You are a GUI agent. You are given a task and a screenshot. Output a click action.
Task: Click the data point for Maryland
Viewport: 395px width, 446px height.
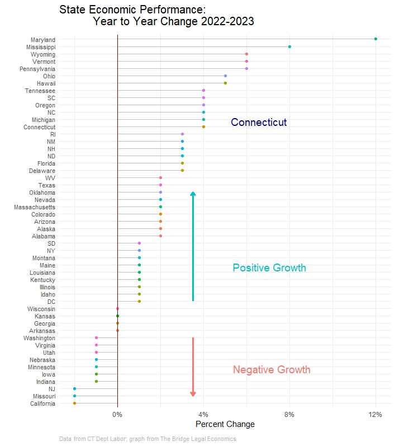375,39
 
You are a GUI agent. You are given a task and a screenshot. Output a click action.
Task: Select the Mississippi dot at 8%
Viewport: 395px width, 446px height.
289,46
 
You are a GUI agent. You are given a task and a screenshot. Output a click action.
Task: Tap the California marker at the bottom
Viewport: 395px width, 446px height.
74,403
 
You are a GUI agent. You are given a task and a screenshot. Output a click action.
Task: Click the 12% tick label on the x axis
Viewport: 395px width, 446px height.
375,414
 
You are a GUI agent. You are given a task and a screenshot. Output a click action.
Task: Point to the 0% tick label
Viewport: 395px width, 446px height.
117,414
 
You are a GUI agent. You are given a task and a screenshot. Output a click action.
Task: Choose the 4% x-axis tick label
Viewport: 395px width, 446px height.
203,414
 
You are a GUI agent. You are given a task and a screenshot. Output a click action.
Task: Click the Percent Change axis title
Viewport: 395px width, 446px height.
225,424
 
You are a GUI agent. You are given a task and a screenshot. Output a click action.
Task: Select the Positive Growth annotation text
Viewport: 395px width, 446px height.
269,268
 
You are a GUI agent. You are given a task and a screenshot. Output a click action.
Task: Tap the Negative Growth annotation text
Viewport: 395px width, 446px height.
272,370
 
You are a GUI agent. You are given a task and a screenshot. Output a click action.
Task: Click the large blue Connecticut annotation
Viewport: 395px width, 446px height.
259,123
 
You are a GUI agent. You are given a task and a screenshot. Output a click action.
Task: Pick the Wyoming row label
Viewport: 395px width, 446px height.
43,54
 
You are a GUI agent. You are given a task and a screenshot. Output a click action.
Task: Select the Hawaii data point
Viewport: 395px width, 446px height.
225,83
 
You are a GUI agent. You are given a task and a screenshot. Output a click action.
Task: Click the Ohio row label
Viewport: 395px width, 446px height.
49,76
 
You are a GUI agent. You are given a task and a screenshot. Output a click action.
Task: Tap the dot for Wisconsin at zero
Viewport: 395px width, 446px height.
117,308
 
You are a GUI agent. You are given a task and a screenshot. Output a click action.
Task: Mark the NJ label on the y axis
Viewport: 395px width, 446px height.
51,388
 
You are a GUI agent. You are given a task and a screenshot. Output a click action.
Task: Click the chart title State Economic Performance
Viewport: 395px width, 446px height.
132,10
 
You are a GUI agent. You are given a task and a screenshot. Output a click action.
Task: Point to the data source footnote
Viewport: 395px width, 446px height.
147,439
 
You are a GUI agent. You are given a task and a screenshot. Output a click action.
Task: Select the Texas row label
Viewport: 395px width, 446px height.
46,185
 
